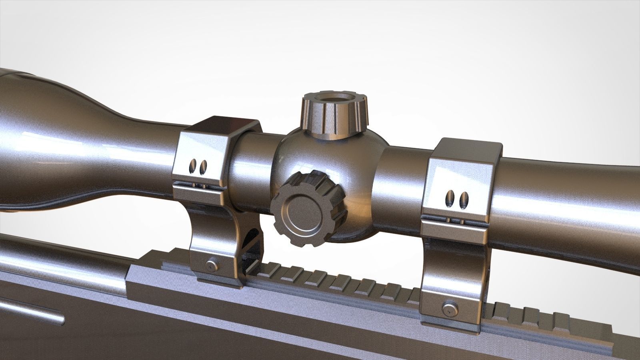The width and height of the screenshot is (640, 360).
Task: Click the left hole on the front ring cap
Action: pyautogui.click(x=194, y=165)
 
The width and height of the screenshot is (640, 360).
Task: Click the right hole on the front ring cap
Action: pyautogui.click(x=203, y=166)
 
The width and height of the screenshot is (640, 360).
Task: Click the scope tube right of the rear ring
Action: pyautogui.click(x=568, y=192)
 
